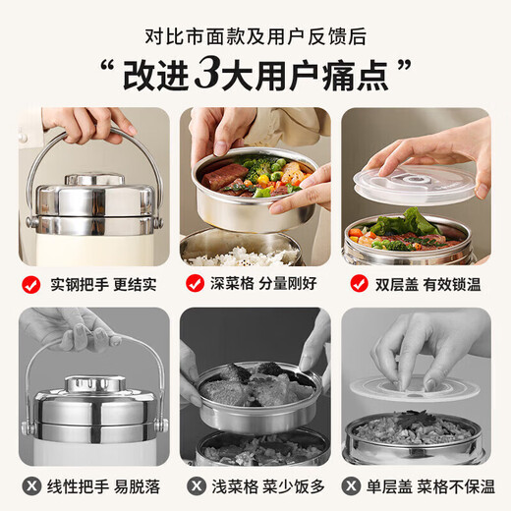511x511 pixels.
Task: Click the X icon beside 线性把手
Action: [31, 485]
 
